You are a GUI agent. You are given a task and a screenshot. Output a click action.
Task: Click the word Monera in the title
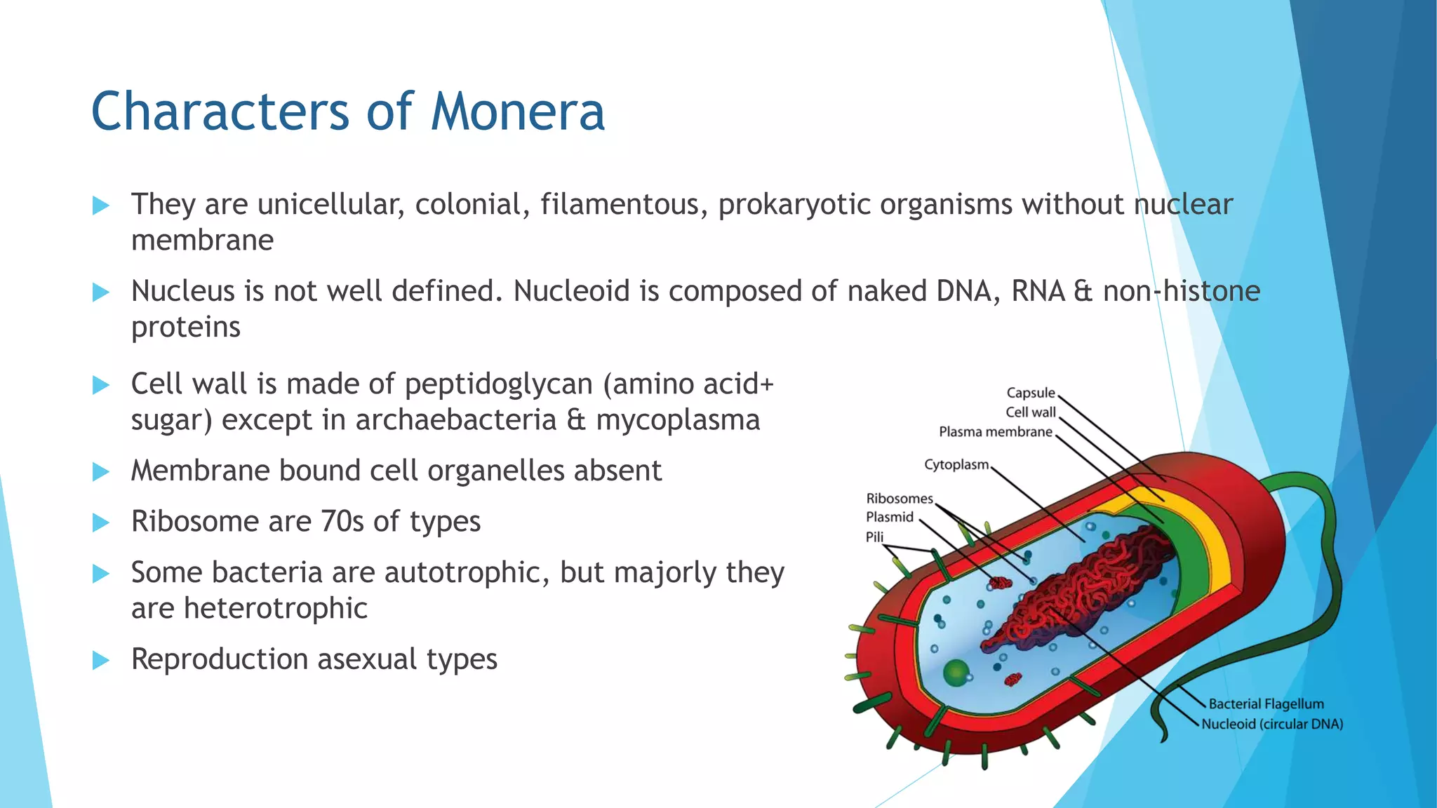(517, 112)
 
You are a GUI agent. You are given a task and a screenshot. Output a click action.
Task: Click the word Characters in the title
(220, 112)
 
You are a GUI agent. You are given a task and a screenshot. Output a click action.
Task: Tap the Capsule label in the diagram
(1030, 393)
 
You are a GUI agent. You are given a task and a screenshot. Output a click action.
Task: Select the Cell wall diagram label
(1030, 412)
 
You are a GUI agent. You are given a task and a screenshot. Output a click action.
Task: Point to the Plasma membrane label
(995, 432)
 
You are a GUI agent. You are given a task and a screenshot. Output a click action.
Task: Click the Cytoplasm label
(956, 465)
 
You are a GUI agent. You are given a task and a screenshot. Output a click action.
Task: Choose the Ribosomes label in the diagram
(899, 499)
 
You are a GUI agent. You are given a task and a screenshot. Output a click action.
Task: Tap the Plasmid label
(889, 518)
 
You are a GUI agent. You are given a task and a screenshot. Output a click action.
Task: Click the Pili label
(874, 537)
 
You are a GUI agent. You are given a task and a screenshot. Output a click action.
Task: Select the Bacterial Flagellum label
(1266, 704)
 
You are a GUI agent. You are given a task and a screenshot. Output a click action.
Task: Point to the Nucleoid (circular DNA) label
(1271, 724)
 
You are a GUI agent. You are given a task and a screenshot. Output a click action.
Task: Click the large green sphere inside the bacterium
(956, 673)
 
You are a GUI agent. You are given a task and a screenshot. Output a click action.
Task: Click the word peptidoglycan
(499, 385)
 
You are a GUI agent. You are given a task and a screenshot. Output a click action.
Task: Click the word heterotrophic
(275, 609)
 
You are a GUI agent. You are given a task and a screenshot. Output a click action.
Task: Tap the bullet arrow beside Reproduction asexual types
(101, 661)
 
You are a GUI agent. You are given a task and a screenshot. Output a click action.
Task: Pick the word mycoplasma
(677, 421)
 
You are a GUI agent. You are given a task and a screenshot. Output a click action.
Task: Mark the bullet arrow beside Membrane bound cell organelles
(101, 472)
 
